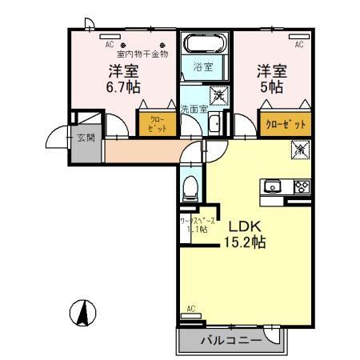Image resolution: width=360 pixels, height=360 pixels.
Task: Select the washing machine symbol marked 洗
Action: (219, 95)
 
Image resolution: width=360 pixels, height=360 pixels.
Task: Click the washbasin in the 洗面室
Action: (215, 123)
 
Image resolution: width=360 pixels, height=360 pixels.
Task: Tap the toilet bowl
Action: (190, 190)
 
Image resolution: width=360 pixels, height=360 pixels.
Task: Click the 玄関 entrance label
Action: (86, 138)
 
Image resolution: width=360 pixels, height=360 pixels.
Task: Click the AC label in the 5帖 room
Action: (298, 45)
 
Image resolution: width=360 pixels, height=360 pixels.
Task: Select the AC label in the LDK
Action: (190, 308)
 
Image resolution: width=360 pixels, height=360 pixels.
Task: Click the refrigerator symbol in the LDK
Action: (299, 149)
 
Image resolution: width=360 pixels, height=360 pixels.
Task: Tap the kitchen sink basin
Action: (273, 187)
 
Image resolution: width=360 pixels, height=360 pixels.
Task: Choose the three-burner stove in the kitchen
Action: (301, 187)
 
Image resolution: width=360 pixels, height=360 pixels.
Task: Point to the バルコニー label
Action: (231, 341)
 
